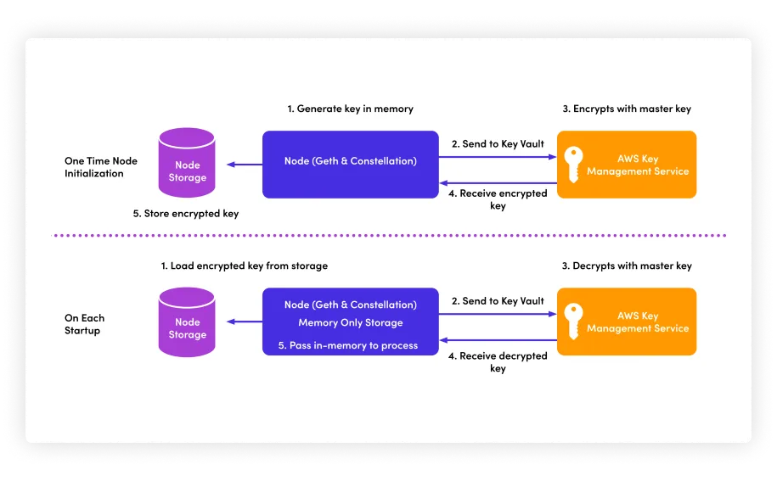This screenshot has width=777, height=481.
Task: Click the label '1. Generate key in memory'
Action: click(350, 109)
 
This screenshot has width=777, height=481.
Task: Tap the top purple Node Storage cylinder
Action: click(187, 163)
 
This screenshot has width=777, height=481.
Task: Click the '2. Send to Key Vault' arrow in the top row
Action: click(498, 157)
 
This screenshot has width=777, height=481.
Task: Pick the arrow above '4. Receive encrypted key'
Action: click(498, 183)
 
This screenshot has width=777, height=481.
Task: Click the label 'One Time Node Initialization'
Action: click(100, 167)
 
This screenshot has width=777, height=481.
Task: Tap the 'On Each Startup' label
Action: click(84, 324)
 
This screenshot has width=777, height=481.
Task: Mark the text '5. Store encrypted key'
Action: click(186, 214)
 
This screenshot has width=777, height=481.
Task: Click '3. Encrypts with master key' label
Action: click(627, 109)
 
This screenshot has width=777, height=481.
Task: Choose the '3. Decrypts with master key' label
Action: click(627, 266)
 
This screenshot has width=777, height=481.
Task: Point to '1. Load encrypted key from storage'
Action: click(245, 266)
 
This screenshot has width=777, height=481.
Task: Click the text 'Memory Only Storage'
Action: click(350, 323)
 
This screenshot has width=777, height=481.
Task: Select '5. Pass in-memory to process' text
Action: click(348, 345)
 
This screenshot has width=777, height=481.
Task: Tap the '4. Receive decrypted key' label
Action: click(498, 362)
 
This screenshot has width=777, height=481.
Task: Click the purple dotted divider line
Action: click(391, 235)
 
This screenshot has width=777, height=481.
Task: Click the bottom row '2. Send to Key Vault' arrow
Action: click(498, 314)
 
